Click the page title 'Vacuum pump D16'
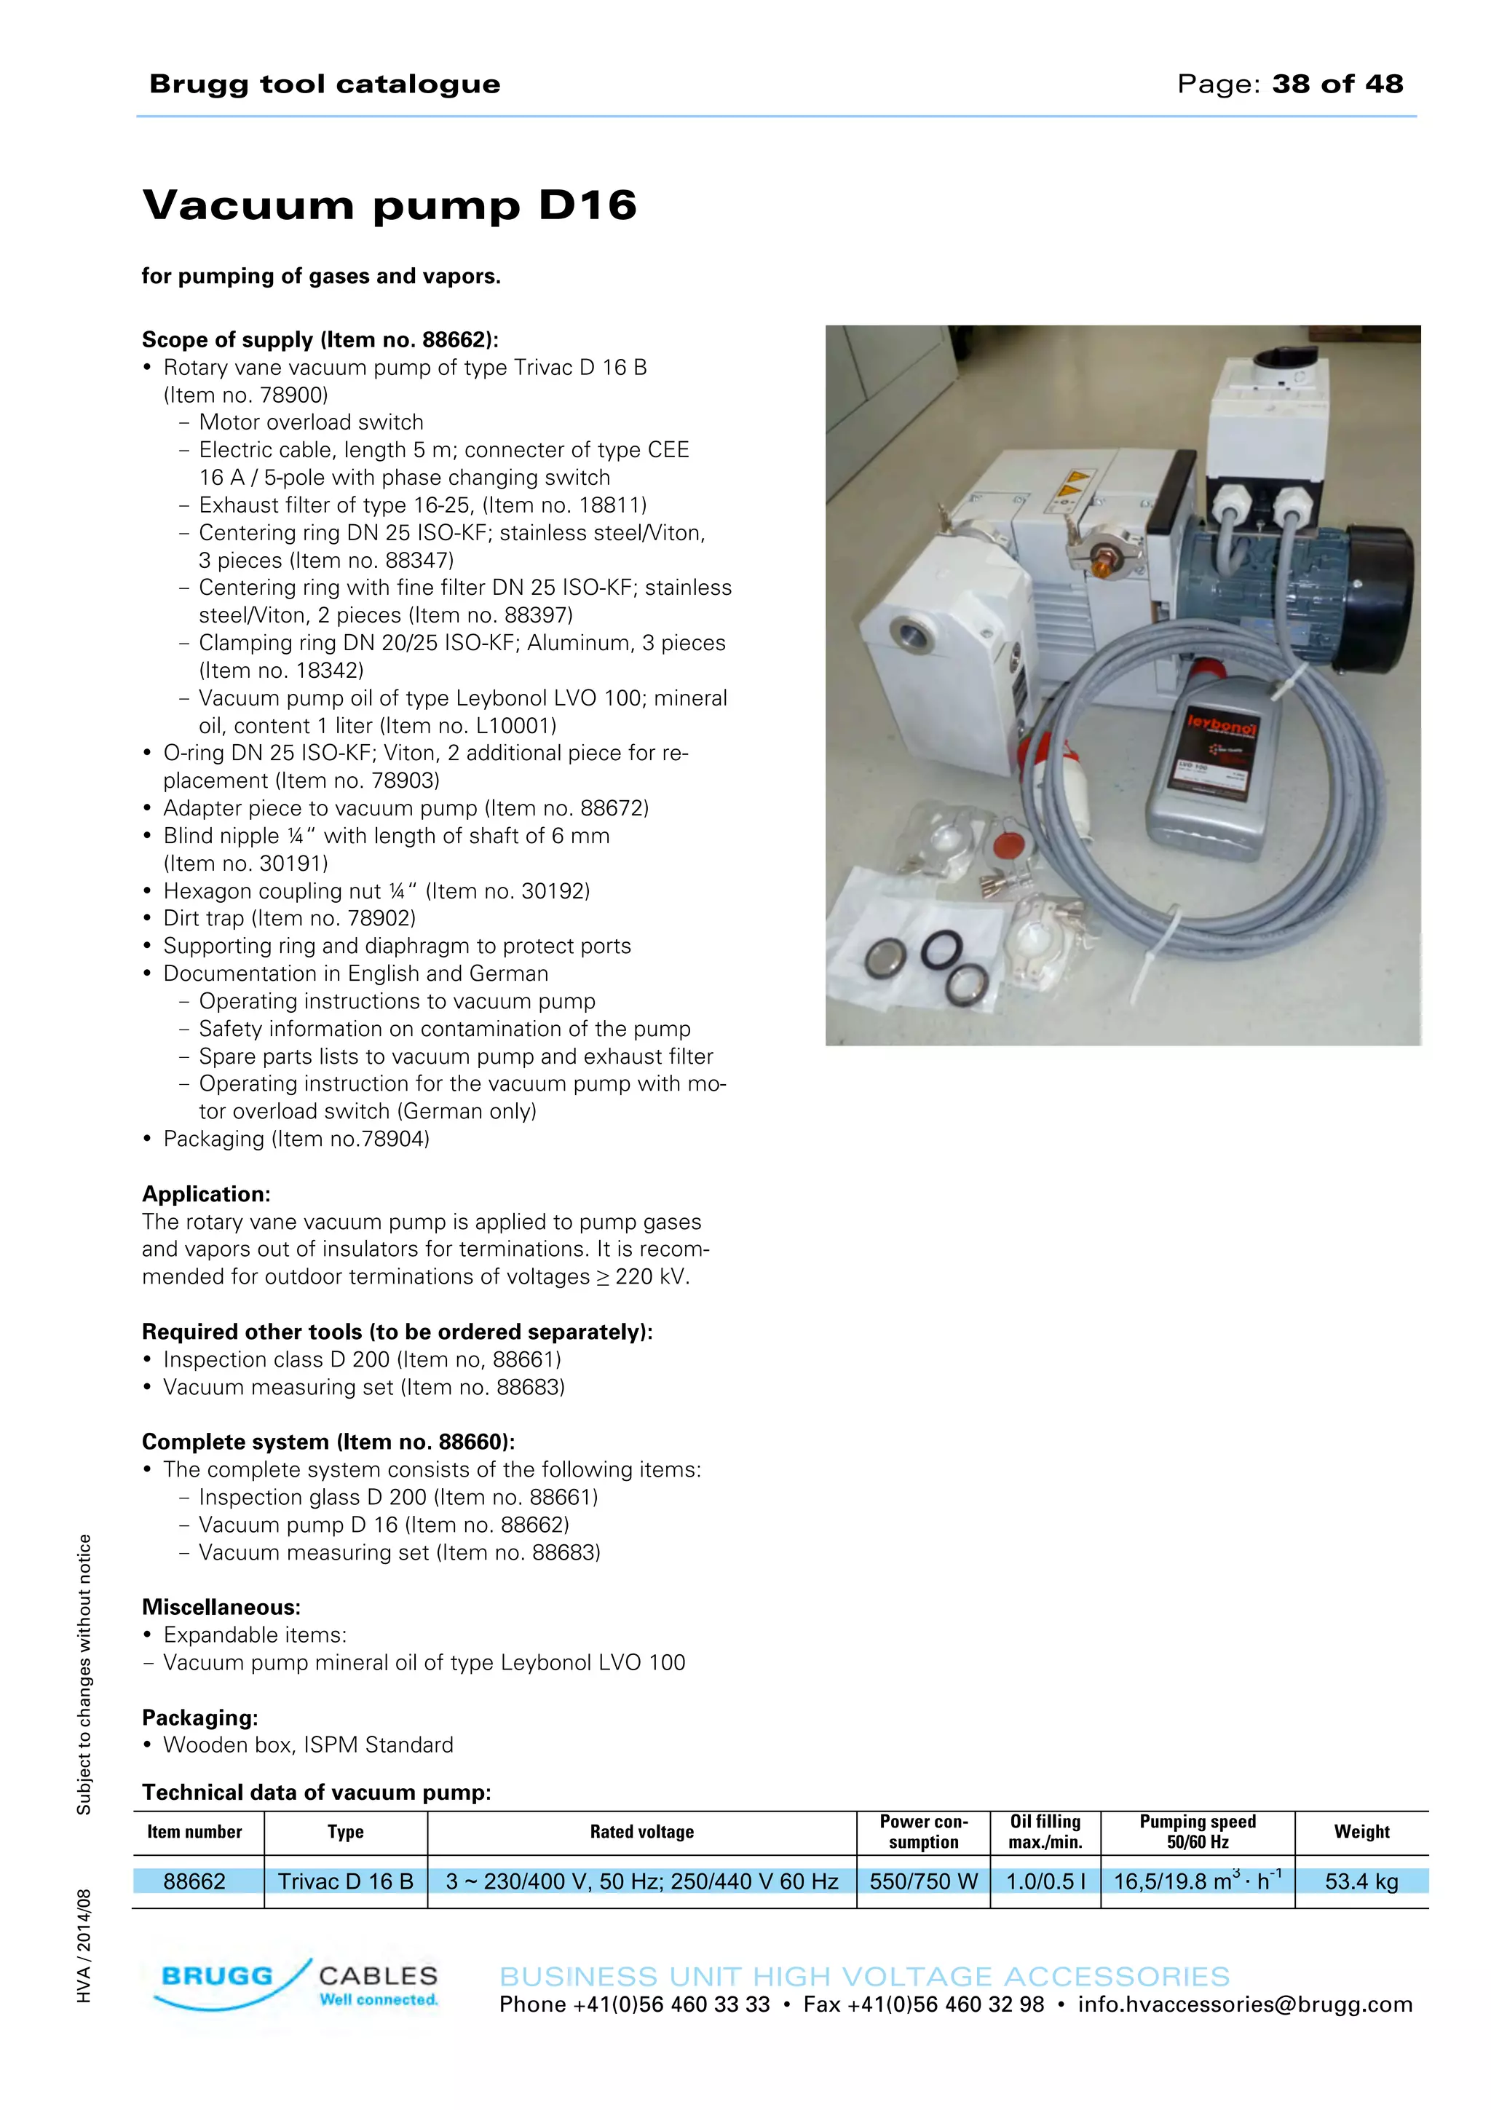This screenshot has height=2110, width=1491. (389, 204)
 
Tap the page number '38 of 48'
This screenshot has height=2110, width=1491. (1337, 84)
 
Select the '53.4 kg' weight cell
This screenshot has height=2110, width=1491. (1361, 1881)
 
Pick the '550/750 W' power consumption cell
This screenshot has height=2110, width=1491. (923, 1881)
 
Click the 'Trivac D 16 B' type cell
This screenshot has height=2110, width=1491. (345, 1881)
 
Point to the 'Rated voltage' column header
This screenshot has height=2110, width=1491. (641, 1832)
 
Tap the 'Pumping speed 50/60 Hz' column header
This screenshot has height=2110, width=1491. (1197, 1832)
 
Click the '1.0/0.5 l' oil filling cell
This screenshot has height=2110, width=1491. (1045, 1881)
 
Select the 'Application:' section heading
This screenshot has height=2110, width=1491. (206, 1194)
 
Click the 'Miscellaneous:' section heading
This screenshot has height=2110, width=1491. (221, 1608)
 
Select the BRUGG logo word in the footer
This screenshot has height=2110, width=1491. (217, 1976)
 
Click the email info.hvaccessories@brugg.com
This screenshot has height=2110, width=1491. (1245, 2004)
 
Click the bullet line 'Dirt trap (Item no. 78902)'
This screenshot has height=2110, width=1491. (289, 918)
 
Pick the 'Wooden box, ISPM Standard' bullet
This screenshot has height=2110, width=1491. (308, 1745)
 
